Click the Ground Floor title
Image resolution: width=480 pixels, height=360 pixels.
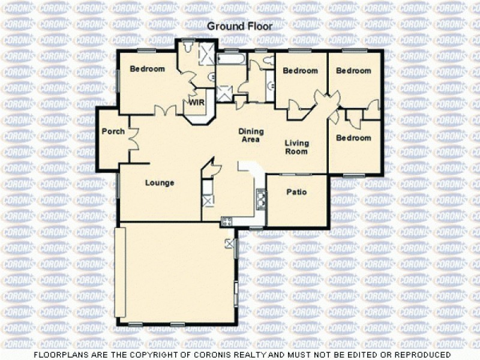pos(239,26)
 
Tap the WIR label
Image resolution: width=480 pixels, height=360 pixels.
pos(197,103)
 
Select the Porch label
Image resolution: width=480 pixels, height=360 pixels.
pos(113,131)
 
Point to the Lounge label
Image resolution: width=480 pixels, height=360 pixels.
pos(159,183)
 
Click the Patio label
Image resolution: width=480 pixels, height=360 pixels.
pos(296,193)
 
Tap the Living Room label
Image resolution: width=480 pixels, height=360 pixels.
pos(296,147)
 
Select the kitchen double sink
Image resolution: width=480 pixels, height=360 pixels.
pos(262,196)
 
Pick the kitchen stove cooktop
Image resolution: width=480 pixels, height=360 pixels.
pos(227,221)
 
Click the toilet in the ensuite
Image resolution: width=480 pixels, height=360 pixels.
pos(188,47)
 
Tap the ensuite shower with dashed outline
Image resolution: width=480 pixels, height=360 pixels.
pos(206,53)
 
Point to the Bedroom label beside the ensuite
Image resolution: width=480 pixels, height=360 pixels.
pos(148,69)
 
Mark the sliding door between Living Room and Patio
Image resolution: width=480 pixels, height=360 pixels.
pos(296,175)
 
